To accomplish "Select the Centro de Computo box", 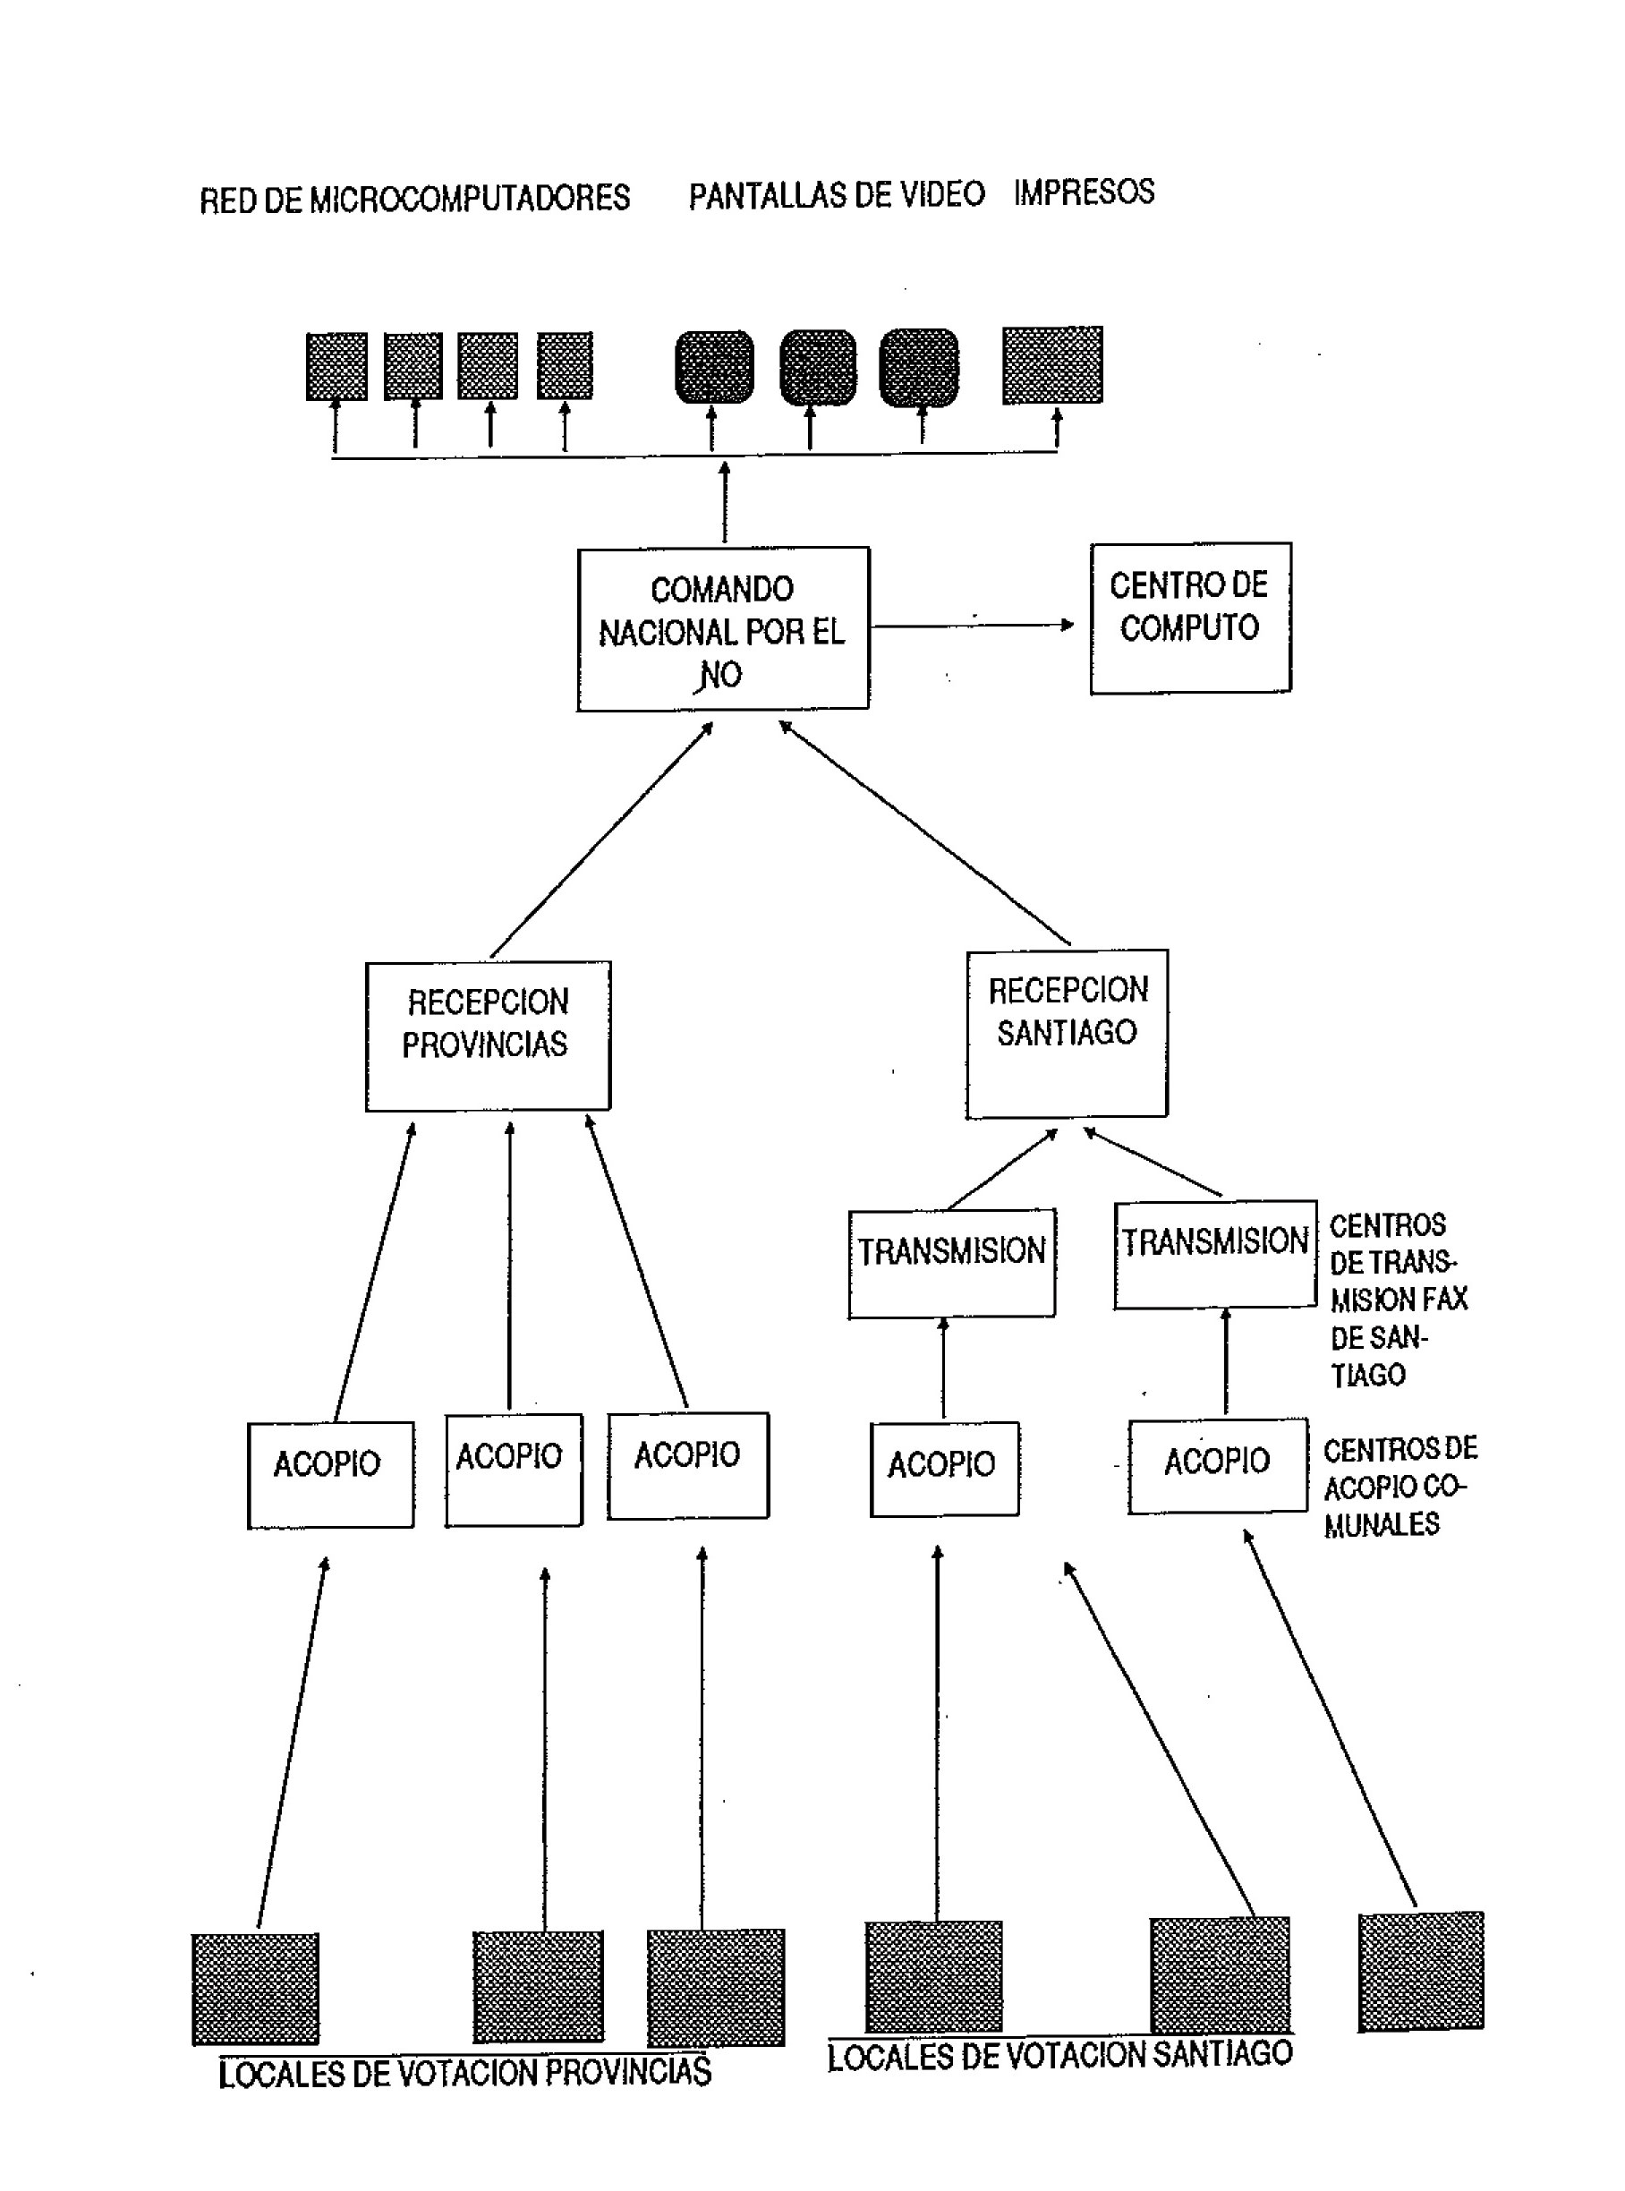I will pyautogui.click(x=1190, y=617).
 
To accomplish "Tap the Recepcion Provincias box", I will pyautogui.click(x=488, y=1035).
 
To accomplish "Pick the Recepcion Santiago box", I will pyautogui.click(x=1068, y=1033).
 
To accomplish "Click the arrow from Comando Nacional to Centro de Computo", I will pyautogui.click(x=974, y=625).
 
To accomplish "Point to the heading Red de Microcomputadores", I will pyautogui.click(x=414, y=199).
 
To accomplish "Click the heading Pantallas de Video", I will pyautogui.click(x=836, y=195).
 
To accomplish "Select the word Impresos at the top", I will pyautogui.click(x=1084, y=192).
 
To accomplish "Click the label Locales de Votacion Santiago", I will pyautogui.click(x=1059, y=2055).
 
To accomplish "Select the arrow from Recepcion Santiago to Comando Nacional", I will pyautogui.click(x=924, y=832).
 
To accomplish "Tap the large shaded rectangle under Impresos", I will pyautogui.click(x=1052, y=365).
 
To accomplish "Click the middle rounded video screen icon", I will pyautogui.click(x=817, y=367).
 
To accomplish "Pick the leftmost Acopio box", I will pyautogui.click(x=329, y=1475).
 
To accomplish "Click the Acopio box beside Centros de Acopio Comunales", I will pyautogui.click(x=1218, y=1465).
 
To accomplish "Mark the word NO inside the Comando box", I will pyautogui.click(x=721, y=675).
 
